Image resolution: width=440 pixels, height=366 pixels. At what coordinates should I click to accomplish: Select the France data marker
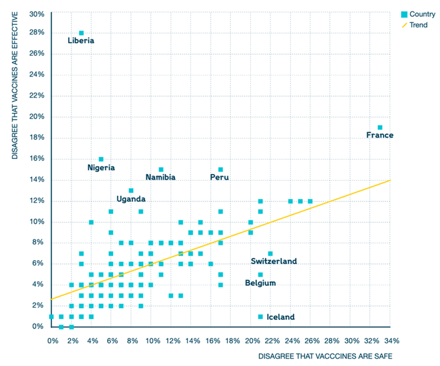point(380,128)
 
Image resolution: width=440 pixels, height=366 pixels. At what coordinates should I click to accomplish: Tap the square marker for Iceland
point(260,317)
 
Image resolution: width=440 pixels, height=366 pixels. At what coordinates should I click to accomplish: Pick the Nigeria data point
point(101,159)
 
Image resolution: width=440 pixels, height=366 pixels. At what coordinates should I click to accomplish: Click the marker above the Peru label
point(220,169)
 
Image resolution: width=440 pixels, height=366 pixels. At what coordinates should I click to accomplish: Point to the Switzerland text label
point(273,261)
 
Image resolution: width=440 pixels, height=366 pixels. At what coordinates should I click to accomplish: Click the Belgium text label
point(260,283)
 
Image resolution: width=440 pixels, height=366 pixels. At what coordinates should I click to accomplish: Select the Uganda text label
point(131,199)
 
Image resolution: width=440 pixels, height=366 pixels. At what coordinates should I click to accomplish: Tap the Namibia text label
point(161,177)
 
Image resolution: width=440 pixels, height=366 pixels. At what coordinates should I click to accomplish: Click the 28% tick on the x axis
point(331,340)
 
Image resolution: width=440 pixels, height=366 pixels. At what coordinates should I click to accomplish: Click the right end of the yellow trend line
point(390,180)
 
